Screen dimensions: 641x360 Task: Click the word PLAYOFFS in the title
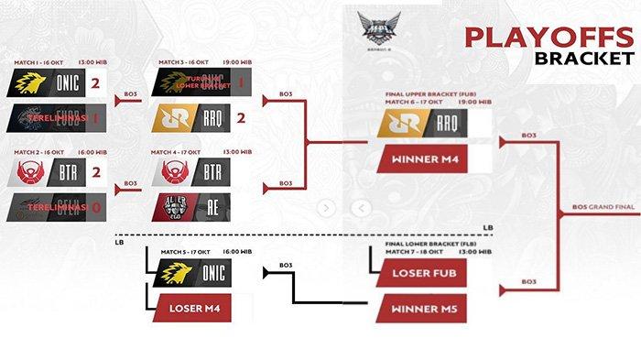point(548,37)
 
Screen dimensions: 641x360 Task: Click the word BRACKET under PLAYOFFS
point(585,59)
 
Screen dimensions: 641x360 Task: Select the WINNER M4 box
point(421,158)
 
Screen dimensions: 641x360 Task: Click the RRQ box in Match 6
point(421,123)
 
